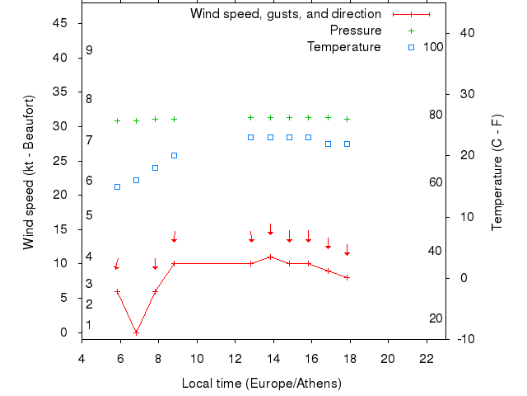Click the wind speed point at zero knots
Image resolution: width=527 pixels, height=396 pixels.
pyautogui.click(x=136, y=332)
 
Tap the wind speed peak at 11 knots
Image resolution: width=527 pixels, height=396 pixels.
pyautogui.click(x=270, y=257)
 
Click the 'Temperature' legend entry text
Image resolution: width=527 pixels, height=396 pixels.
pyautogui.click(x=343, y=47)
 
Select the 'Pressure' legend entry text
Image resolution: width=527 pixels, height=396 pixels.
pyautogui.click(x=356, y=31)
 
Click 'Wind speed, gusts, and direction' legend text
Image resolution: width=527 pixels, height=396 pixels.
pyautogui.click(x=285, y=14)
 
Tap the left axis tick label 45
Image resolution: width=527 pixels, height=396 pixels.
pyautogui.click(x=59, y=23)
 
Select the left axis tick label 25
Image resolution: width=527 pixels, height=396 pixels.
pyautogui.click(x=59, y=160)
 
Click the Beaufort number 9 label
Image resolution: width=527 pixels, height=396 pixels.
pyautogui.click(x=89, y=50)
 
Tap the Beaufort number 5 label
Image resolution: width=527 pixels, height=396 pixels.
pyautogui.click(x=89, y=215)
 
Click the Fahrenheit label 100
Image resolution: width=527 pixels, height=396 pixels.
pyautogui.click(x=433, y=47)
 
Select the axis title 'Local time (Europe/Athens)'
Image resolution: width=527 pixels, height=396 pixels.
pyautogui.click(x=262, y=384)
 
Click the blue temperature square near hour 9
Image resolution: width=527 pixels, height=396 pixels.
pyautogui.click(x=174, y=155)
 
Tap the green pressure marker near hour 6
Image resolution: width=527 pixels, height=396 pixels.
pyautogui.click(x=117, y=120)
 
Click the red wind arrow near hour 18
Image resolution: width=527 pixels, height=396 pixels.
pyautogui.click(x=347, y=250)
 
